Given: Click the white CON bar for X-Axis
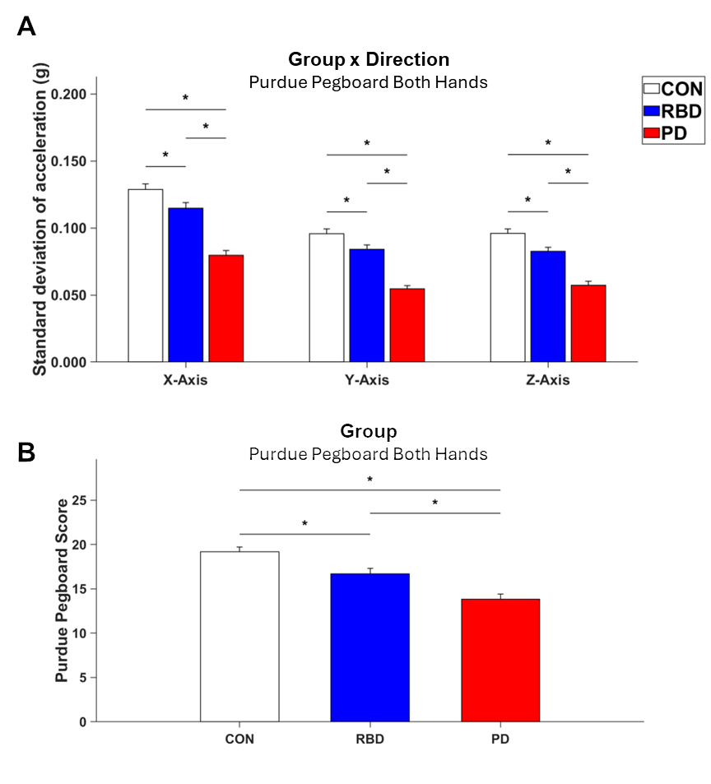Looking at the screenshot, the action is [146, 276].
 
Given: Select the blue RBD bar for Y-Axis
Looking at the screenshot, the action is [367, 305].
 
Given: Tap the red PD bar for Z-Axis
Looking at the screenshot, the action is [588, 323].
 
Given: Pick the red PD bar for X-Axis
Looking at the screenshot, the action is [226, 308].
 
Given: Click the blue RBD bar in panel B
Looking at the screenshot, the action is [370, 647].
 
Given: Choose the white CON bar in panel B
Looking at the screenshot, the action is [239, 637].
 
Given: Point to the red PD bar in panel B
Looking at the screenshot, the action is [500, 661].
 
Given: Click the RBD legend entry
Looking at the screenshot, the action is [673, 111].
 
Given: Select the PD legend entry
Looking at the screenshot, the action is [666, 133].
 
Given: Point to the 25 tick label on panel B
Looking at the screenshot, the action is [79, 500].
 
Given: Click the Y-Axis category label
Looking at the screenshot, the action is [367, 380].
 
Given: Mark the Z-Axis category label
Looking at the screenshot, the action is [548, 380].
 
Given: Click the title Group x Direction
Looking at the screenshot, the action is [369, 59].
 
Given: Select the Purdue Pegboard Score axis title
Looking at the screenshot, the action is [62, 591].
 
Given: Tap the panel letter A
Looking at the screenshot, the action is [26, 26].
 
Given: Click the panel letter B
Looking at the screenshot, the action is [26, 452].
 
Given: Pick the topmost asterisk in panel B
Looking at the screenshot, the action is [370, 480].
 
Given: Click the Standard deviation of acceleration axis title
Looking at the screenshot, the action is [40, 219].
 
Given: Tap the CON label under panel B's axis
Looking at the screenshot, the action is [239, 739].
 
